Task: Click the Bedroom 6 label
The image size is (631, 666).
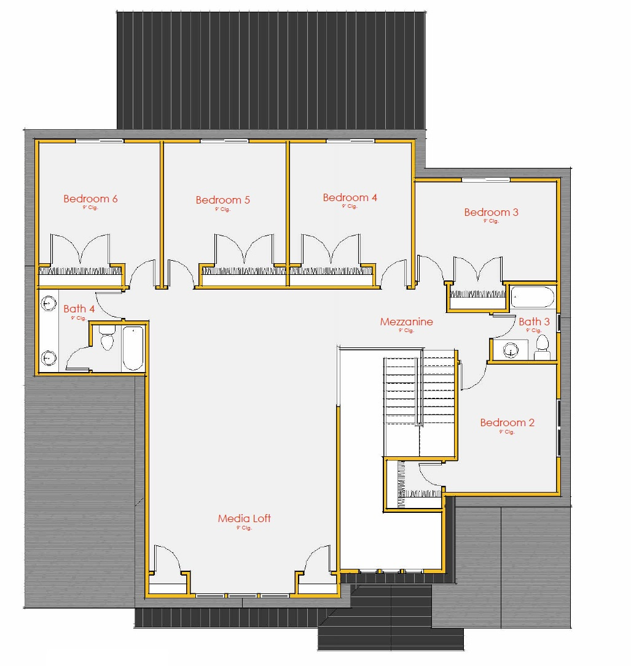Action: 90,199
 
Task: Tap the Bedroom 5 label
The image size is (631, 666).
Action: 222,200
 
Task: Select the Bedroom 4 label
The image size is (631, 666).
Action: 350,197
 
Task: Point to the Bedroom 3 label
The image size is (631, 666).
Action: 491,212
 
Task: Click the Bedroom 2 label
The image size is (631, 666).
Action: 507,422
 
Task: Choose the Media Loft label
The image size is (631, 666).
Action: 244,518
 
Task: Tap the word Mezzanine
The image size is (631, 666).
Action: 406,322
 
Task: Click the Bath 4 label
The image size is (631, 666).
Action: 79,309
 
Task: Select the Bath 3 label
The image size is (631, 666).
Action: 534,322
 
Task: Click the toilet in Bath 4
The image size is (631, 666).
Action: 108,339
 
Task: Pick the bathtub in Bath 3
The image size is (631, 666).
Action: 532,298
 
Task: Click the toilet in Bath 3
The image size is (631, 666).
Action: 542,348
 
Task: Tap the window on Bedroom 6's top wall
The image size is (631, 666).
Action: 99,141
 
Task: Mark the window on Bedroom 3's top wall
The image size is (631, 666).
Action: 485,180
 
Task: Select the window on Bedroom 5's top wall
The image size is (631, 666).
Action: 224,141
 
